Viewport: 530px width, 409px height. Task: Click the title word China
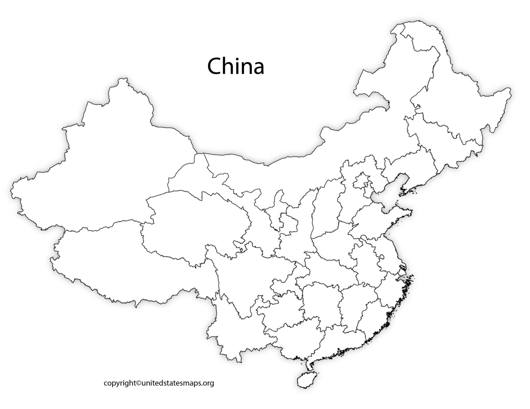pyautogui.click(x=235, y=66)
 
